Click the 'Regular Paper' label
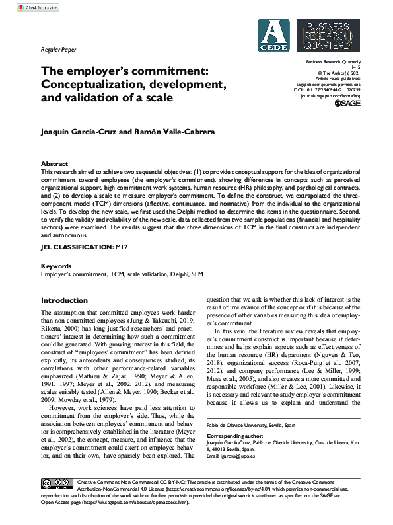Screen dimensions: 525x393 click(x=59, y=50)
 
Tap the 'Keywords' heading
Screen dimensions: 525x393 click(x=56, y=266)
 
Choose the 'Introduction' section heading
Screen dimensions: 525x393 click(x=64, y=300)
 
